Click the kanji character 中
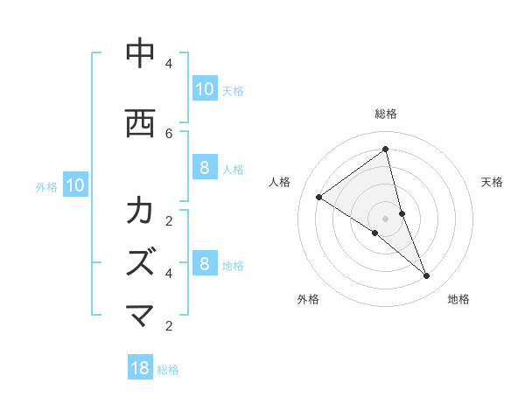[139, 53]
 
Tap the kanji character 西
[139, 122]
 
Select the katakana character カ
[139, 211]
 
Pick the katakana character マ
[139, 316]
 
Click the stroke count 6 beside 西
[169, 133]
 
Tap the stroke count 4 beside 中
[169, 64]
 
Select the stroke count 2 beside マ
[169, 326]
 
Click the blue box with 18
[140, 368]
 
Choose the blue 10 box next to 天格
[204, 89]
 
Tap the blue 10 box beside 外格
[74, 185]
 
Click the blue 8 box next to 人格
[204, 168]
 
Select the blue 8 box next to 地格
[204, 264]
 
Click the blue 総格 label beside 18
[168, 370]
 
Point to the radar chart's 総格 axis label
[385, 114]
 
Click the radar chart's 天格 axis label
[492, 182]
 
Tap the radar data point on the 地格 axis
[427, 276]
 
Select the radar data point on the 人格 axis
[318, 197]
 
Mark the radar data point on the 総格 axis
[385, 150]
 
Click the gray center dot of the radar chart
[385, 218]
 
